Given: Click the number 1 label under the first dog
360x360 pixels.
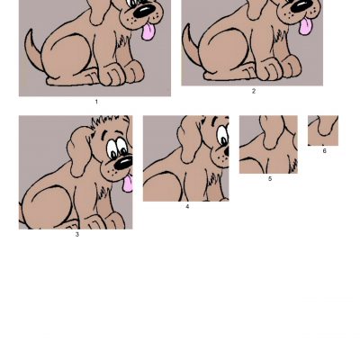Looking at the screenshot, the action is click(96, 102).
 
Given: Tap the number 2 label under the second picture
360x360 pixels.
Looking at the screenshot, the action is click(254, 91).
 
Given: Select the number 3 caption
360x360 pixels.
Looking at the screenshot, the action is click(77, 235).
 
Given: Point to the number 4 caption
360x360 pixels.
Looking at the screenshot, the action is click(187, 207).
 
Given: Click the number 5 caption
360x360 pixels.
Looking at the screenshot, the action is click(270, 179).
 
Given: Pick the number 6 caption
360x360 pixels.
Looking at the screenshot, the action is click(324, 151).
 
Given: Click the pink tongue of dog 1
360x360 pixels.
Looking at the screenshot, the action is click(148, 31).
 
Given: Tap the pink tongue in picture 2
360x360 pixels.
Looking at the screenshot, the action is click(305, 26).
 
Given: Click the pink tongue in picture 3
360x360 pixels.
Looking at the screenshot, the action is click(128, 183).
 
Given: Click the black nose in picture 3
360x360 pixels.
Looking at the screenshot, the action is click(123, 163).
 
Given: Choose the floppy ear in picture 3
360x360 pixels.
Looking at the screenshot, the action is click(78, 151).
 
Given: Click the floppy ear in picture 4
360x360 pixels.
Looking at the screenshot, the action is click(188, 139).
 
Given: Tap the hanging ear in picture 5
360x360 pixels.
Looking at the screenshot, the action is click(272, 131).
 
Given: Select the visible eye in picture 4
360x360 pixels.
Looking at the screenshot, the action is click(223, 137).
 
